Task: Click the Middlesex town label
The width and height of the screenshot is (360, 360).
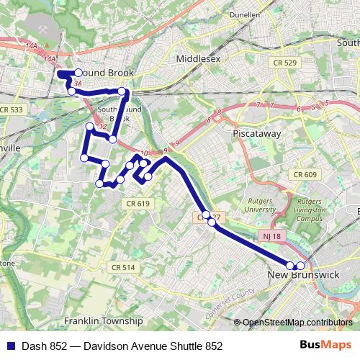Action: (x=198, y=58)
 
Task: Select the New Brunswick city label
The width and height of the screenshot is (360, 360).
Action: (x=303, y=275)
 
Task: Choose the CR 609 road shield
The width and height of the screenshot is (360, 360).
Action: (x=305, y=174)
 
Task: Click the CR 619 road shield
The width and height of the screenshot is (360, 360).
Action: (x=141, y=204)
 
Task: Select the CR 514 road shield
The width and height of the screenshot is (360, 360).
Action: (x=123, y=267)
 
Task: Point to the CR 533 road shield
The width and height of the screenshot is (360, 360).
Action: (x=12, y=109)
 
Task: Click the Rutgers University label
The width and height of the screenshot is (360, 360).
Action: (x=261, y=204)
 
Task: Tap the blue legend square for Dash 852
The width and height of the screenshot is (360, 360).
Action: (x=9, y=346)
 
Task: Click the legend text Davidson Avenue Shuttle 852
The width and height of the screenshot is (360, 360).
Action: (x=153, y=346)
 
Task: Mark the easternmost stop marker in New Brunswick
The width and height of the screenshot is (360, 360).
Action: (x=301, y=266)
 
